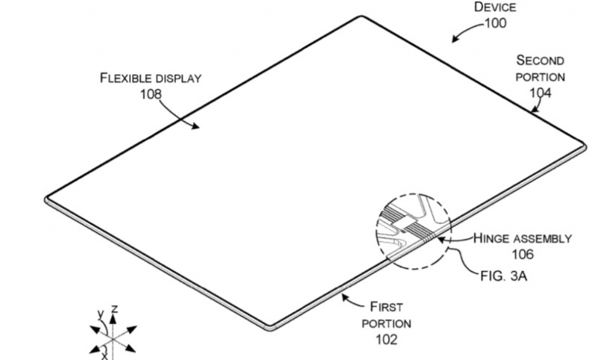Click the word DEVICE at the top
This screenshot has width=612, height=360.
[495, 8]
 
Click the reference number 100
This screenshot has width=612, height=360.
[495, 23]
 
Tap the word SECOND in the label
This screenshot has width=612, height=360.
[540, 60]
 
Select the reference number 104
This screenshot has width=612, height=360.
[540, 92]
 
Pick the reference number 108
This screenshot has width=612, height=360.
[151, 94]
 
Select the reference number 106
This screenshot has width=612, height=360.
[522, 254]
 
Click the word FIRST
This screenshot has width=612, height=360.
[386, 307]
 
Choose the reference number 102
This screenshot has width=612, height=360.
[385, 340]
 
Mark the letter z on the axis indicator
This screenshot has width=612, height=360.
[114, 309]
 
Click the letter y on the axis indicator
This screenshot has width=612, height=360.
[101, 313]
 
